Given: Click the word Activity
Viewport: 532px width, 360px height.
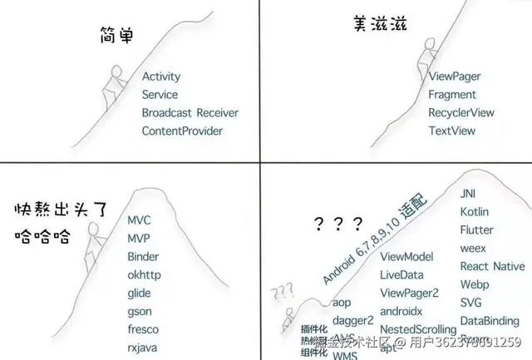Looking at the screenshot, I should (x=160, y=76).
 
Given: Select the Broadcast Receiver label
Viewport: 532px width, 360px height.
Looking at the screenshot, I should (x=190, y=113).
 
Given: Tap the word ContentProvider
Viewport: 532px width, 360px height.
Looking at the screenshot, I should (x=182, y=131).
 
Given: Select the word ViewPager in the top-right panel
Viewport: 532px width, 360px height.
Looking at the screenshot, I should (x=455, y=76).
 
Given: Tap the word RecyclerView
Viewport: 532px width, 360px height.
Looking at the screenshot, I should (x=461, y=113).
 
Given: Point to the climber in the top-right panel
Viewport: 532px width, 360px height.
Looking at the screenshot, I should (x=426, y=57).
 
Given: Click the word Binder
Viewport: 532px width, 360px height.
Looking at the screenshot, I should (x=143, y=257).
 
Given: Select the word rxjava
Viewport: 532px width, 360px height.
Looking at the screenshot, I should (x=142, y=348).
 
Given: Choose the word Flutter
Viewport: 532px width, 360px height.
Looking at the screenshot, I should (x=476, y=230).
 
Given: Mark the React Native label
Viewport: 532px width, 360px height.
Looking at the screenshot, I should (x=492, y=267).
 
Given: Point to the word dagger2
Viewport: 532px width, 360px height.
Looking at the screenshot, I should (x=352, y=321).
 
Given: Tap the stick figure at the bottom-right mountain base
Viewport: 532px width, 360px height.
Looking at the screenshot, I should (x=288, y=318).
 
